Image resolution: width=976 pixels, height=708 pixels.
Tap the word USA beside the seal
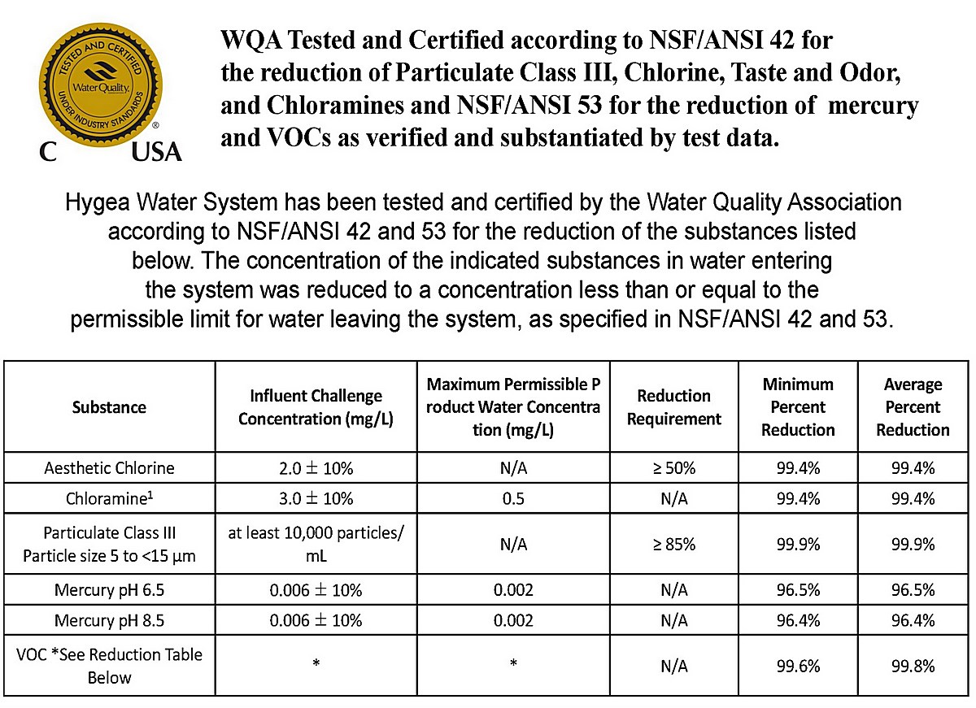click(x=156, y=152)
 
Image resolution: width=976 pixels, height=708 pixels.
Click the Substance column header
click(x=109, y=407)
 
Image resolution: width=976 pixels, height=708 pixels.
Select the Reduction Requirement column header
click(x=673, y=407)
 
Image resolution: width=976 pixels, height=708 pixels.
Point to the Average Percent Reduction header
click(x=913, y=406)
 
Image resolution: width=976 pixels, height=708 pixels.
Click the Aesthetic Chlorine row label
click(x=109, y=468)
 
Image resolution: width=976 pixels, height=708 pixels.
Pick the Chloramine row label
click(x=109, y=498)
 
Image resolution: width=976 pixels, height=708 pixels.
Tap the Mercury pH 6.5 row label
click(x=109, y=590)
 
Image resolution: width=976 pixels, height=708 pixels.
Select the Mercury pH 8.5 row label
click(x=109, y=620)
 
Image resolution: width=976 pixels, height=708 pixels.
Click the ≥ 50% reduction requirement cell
click(x=673, y=468)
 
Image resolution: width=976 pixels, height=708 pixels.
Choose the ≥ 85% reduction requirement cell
click(x=673, y=544)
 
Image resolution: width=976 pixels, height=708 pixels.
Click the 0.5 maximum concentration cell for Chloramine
click(x=513, y=498)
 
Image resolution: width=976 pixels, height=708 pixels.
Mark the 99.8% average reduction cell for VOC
click(x=913, y=666)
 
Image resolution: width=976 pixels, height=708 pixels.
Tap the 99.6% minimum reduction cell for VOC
click(x=798, y=666)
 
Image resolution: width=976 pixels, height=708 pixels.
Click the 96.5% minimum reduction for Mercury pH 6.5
click(x=798, y=590)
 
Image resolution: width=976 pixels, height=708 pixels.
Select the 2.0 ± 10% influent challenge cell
click(x=316, y=468)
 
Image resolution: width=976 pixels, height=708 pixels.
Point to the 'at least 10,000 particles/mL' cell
click(x=316, y=544)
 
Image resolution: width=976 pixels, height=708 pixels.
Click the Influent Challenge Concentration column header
click(x=316, y=407)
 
